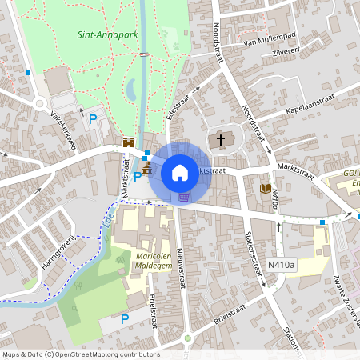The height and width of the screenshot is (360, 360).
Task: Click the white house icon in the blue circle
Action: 179,172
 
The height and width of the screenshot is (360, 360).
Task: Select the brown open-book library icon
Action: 266,188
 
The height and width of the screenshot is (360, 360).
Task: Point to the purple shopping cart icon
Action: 184,197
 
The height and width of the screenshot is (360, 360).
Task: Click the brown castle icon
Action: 147,169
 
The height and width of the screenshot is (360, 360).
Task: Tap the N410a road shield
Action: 282,264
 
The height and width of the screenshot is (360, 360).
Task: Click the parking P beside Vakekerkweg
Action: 93,120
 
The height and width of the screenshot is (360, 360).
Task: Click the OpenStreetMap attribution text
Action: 80,354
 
